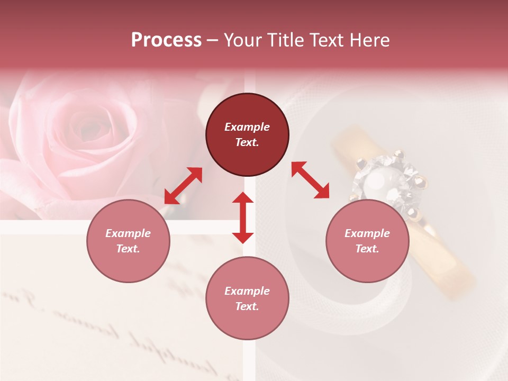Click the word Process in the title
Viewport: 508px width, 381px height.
pyautogui.click(x=166, y=40)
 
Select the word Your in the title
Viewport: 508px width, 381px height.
pyautogui.click(x=243, y=40)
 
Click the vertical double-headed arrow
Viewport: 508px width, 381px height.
pyautogui.click(x=243, y=217)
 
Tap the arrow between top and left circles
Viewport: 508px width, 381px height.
pyautogui.click(x=183, y=186)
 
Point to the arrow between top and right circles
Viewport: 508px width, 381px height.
pyautogui.click(x=310, y=180)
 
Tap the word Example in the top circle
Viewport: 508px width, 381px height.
pyautogui.click(x=247, y=127)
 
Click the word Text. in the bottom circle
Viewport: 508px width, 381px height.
pyautogui.click(x=247, y=306)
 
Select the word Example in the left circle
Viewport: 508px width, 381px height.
pyautogui.click(x=128, y=233)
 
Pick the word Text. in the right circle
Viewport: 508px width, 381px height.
pyautogui.click(x=367, y=249)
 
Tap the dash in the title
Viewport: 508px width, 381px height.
pyautogui.click(x=212, y=40)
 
